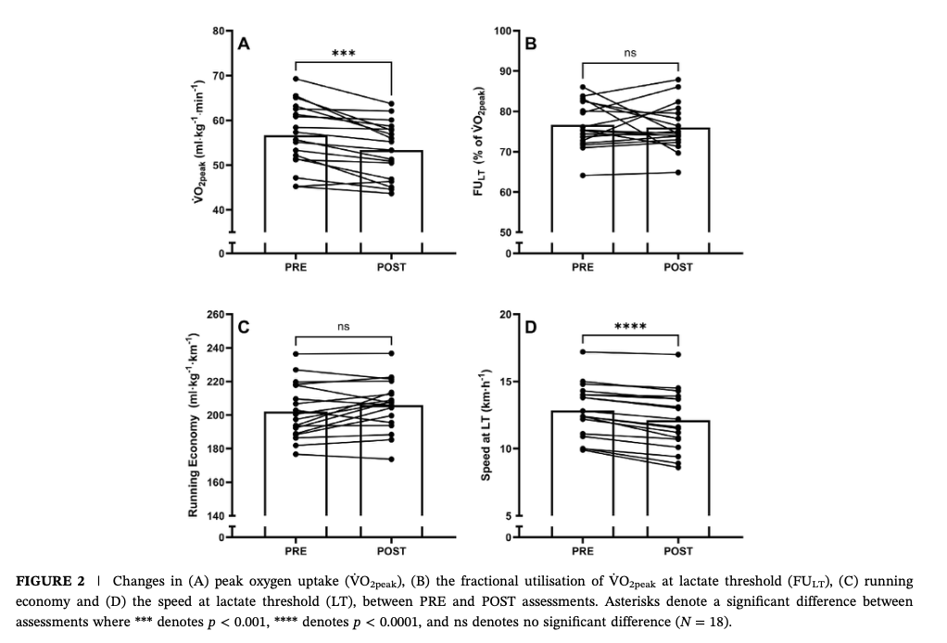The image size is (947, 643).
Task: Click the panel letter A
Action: coord(245,43)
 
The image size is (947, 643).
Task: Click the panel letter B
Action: coord(531,43)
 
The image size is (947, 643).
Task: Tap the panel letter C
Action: coord(245,326)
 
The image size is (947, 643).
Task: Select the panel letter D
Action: coord(531,326)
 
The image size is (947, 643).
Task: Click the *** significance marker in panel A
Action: coord(343,54)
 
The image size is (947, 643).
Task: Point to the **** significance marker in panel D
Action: coord(630,327)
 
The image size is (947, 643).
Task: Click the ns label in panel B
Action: coord(630,54)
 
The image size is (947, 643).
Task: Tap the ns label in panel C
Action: coord(343,327)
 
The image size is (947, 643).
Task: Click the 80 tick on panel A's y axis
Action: coord(218,32)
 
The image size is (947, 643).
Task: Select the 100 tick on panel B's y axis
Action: coord(501,32)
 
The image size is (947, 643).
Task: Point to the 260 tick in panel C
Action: coord(215,315)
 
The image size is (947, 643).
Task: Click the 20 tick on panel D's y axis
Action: coord(504,315)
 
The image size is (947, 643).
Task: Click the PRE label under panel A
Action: coord(296,267)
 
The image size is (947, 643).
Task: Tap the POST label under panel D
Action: coord(678,550)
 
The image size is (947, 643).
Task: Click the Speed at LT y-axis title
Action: coord(485,423)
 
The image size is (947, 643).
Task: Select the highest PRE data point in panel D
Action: coord(583,352)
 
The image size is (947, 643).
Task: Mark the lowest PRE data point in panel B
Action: coord(583,175)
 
